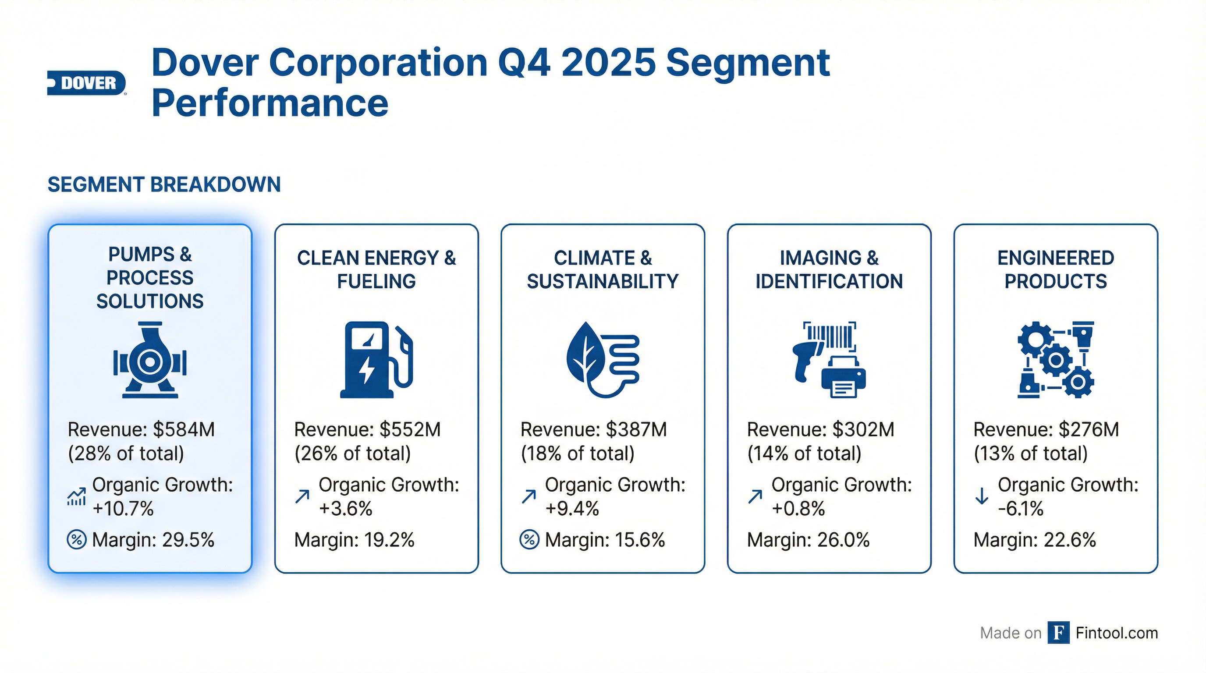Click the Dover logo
(x=87, y=83)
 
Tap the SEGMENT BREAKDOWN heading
(x=164, y=184)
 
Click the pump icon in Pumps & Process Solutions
(x=150, y=359)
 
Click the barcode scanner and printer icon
(x=829, y=359)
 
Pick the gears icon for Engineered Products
(x=1055, y=359)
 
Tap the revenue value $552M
(x=410, y=429)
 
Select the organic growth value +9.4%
(x=572, y=508)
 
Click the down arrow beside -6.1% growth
(x=981, y=496)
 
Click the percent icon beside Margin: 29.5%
(x=76, y=540)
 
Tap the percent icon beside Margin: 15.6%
(x=529, y=540)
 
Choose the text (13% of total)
(x=1030, y=453)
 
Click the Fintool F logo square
(x=1058, y=633)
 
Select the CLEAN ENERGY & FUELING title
(x=376, y=269)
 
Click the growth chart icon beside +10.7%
(x=76, y=496)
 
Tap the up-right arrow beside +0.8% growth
(x=755, y=496)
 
